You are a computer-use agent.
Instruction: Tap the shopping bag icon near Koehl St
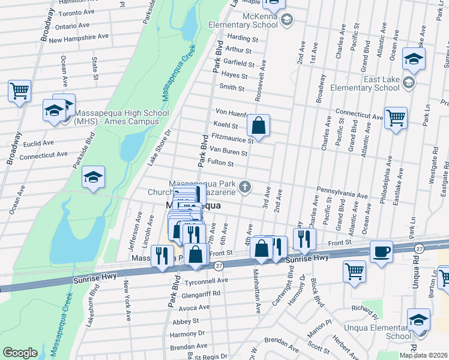click(258, 126)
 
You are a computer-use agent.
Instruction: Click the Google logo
click(20, 352)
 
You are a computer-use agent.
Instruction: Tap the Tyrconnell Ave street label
click(206, 280)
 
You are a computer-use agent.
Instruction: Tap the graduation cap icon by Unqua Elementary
click(418, 320)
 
